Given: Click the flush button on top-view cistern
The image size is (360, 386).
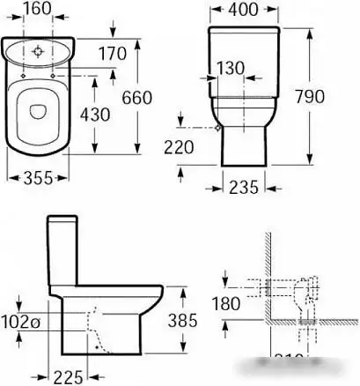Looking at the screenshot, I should pyautogui.click(x=39, y=51).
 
